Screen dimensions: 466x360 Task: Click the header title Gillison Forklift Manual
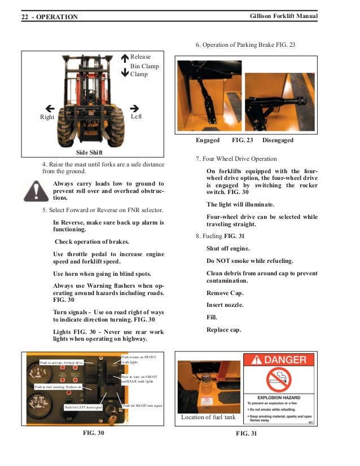pos(283,17)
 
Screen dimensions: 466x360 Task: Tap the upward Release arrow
pos(125,57)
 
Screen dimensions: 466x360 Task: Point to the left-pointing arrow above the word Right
pos(50,108)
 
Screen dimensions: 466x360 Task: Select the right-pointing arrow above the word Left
pos(134,108)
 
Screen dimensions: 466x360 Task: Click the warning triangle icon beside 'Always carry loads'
pos(36,191)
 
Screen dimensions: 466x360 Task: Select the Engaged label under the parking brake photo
pos(208,140)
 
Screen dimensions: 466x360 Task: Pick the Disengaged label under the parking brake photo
pos(278,140)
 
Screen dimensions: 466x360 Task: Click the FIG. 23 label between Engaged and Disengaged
pos(243,140)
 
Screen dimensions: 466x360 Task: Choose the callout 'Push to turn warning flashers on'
pos(58,387)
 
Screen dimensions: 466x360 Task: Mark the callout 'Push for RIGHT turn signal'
pos(142,406)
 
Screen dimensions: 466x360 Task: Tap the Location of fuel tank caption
pos(207,417)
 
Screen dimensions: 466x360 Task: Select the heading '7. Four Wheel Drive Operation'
pos(236,159)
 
